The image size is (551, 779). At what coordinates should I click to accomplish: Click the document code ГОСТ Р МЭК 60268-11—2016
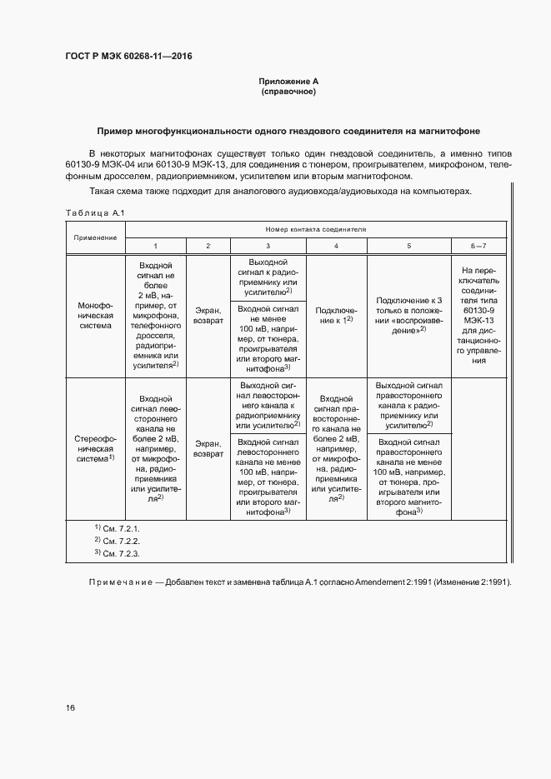(123, 56)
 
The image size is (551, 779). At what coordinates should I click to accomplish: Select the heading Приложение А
(288, 81)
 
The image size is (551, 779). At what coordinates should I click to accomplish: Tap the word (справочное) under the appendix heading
(288, 92)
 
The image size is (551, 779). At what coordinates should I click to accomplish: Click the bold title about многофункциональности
(288, 132)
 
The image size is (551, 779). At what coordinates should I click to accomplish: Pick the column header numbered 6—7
(478, 246)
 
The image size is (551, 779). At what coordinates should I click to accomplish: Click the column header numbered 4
(336, 246)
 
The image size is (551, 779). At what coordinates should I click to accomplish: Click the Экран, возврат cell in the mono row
(208, 316)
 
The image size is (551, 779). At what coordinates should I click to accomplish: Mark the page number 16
(70, 708)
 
